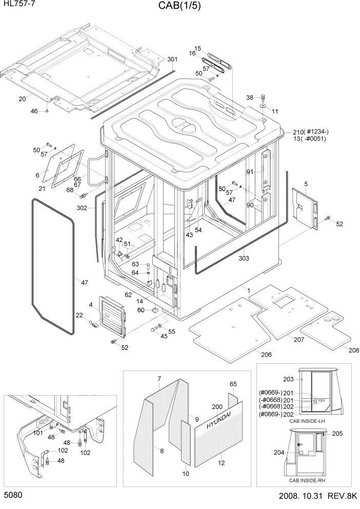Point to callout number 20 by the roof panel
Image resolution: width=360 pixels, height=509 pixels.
point(22,99)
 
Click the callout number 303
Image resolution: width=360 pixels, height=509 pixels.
point(244,258)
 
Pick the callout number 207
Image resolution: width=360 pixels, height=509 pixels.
point(299,340)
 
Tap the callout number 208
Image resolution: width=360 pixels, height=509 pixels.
point(354,350)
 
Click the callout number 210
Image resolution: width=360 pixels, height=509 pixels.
point(299,131)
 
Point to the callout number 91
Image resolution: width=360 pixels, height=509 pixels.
point(250,172)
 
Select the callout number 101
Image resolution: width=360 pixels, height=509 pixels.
point(37,433)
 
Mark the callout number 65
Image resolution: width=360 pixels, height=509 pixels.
point(233,384)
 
